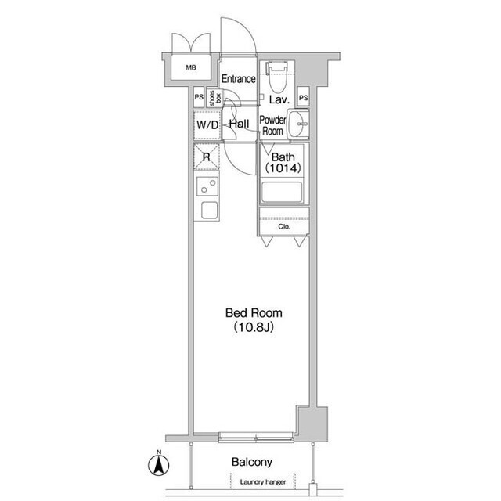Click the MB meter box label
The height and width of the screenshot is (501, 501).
191,67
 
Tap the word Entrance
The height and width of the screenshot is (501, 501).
238,78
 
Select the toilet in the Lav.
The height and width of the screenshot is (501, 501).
276,77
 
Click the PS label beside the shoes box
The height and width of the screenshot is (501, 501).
199,97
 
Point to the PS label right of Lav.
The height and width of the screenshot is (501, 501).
303,97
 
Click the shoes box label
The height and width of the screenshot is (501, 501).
215,98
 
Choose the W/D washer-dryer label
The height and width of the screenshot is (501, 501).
207,124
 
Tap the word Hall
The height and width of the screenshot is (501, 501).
239,124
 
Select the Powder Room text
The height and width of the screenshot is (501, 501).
272,125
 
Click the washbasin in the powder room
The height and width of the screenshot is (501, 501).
298,124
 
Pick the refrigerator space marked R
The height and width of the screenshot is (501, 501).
207,157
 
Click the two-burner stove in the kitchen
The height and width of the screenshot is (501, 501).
207,186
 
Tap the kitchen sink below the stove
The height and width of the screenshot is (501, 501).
210,210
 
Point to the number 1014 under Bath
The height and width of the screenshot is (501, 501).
283,168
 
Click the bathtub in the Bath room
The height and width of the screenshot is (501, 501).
282,192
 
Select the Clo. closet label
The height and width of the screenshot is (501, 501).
284,226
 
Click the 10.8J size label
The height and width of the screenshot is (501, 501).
254,327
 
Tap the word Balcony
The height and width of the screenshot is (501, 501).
252,462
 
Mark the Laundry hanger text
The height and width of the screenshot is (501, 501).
263,482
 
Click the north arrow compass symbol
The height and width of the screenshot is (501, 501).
158,464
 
